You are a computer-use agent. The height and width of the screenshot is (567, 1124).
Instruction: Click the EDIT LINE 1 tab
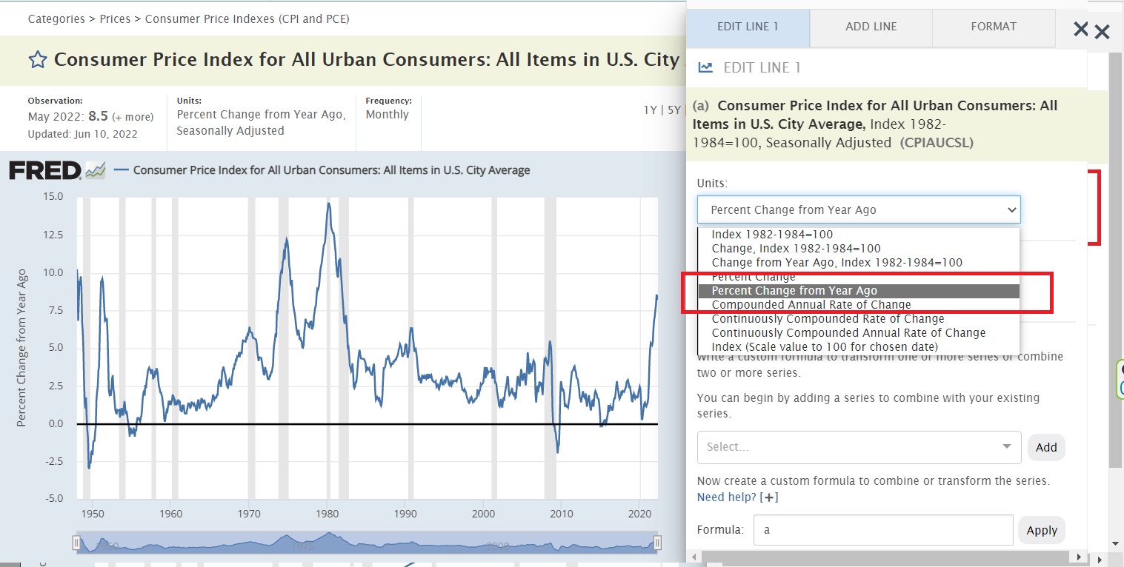pos(748,27)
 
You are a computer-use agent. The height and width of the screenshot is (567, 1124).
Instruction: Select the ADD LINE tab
pos(871,27)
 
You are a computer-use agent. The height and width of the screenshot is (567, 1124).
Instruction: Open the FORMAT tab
pos(993,27)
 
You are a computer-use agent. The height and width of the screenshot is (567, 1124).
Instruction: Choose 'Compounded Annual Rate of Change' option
pos(811,304)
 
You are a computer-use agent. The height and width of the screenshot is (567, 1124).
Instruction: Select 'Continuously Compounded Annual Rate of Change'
pos(848,333)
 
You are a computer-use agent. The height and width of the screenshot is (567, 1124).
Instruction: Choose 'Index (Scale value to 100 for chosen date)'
pos(825,347)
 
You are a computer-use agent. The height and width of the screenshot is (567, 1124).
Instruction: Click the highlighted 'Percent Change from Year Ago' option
pos(794,291)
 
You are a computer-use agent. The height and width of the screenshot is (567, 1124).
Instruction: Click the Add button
pos(1045,447)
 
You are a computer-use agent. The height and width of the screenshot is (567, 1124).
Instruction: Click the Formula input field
pos(882,530)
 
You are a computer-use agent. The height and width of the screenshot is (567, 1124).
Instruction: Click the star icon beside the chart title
pos(37,60)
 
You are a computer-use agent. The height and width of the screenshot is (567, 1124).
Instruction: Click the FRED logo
pos(45,170)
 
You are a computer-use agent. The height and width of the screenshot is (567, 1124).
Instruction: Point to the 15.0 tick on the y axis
pos(54,197)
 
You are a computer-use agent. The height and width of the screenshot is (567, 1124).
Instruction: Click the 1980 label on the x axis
pos(327,514)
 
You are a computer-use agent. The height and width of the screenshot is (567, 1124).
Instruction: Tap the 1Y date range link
pos(650,110)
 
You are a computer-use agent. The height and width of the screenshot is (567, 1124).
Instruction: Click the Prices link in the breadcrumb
pos(115,19)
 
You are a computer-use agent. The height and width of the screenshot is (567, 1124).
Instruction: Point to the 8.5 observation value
pos(99,116)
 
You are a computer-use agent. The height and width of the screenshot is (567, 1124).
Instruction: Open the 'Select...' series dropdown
pos(858,447)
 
